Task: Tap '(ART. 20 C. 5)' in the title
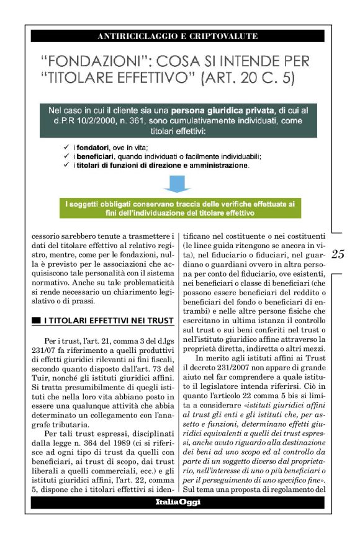coord(235,78)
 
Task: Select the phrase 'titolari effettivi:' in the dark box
coord(178,131)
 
